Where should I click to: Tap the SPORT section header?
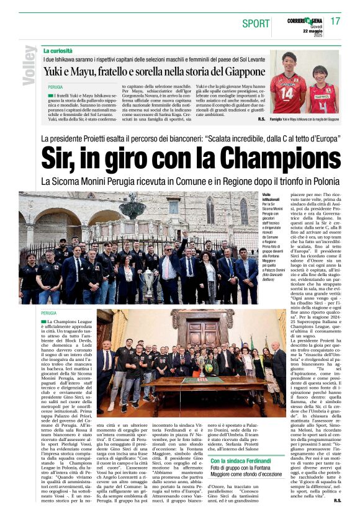[256, 24]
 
